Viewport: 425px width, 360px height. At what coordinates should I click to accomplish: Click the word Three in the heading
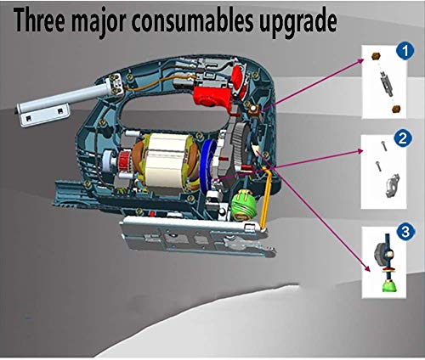tap(40, 20)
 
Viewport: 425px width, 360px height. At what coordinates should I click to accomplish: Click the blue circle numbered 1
tap(405, 51)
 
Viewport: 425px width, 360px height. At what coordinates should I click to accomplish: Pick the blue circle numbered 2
tap(402, 138)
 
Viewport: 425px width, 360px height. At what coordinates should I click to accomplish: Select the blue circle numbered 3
tap(405, 232)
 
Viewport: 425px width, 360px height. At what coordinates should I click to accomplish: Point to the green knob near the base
tap(242, 205)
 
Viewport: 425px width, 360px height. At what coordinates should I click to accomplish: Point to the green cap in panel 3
tap(389, 286)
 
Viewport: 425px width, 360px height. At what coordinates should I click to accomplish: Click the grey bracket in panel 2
tap(392, 186)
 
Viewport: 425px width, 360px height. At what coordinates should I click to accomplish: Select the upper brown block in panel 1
tap(376, 56)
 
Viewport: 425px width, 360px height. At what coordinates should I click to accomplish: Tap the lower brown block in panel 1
tap(396, 109)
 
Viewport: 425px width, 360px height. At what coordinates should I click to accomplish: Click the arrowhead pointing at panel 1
tap(361, 60)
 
